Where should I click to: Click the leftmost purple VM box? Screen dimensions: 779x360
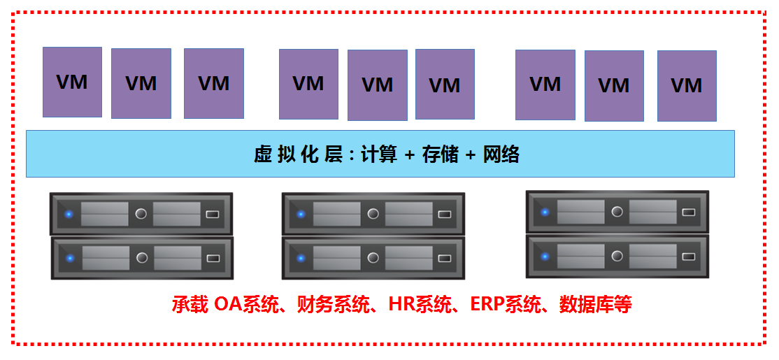tap(73, 82)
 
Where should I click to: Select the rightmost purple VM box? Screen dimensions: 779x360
tap(687, 86)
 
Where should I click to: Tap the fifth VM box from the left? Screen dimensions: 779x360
tap(378, 85)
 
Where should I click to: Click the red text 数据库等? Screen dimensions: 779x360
tap(596, 304)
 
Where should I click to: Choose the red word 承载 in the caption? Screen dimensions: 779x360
tap(190, 304)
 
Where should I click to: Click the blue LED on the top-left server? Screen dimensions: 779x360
tap(69, 215)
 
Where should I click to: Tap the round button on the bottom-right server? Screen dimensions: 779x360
tap(617, 256)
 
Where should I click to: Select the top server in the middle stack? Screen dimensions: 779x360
tap(373, 213)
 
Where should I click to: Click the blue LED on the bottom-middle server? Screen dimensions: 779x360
tap(301, 258)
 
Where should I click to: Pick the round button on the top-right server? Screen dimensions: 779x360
tap(617, 212)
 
